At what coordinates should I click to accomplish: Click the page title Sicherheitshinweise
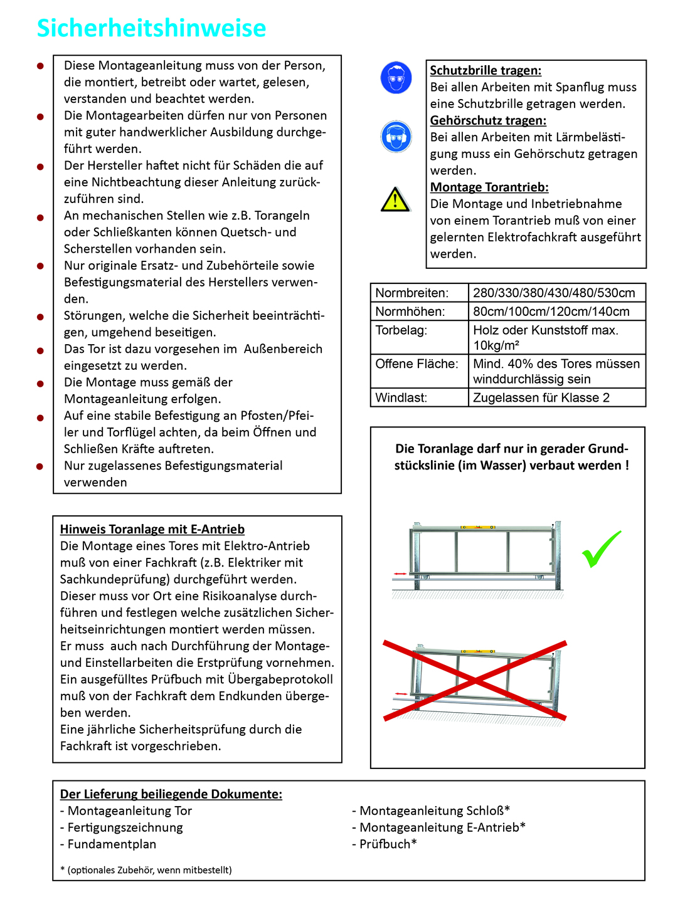point(151,28)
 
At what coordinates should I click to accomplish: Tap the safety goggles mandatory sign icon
point(396,78)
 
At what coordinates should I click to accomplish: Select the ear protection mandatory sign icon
point(396,136)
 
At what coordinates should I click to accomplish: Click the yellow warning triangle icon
point(395,200)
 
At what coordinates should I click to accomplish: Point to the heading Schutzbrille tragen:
point(486,71)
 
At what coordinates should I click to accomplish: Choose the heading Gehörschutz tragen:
point(488,120)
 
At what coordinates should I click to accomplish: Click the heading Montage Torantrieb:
point(489,187)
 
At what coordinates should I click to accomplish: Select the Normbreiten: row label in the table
point(412,293)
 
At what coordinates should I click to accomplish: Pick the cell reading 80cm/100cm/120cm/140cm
point(551,312)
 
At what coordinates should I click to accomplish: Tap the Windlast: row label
point(401,397)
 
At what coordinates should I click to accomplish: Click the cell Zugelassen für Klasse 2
point(541,397)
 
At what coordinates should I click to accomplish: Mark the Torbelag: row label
point(401,330)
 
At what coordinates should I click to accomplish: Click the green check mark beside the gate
point(601,550)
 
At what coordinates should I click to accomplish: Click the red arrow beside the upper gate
point(399,574)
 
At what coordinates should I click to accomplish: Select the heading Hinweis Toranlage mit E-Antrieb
point(152,529)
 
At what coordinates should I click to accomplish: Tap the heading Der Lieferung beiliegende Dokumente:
point(171,794)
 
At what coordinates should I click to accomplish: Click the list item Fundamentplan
point(108,844)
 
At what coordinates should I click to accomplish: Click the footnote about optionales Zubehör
point(146,870)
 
